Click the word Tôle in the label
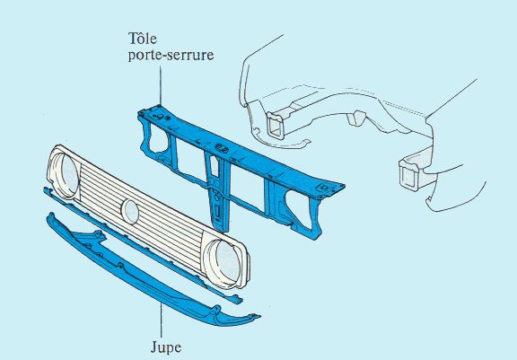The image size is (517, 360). (142, 39)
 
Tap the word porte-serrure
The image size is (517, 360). (171, 55)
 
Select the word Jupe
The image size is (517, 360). (166, 347)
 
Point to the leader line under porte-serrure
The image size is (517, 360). (161, 85)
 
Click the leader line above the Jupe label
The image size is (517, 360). (162, 320)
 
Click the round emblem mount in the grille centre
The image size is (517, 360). (130, 212)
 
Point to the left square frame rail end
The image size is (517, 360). (276, 126)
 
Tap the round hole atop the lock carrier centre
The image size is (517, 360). (222, 148)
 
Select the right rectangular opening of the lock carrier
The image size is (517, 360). (248, 187)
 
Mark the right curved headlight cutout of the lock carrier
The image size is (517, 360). (297, 207)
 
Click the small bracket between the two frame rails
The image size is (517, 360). (356, 118)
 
